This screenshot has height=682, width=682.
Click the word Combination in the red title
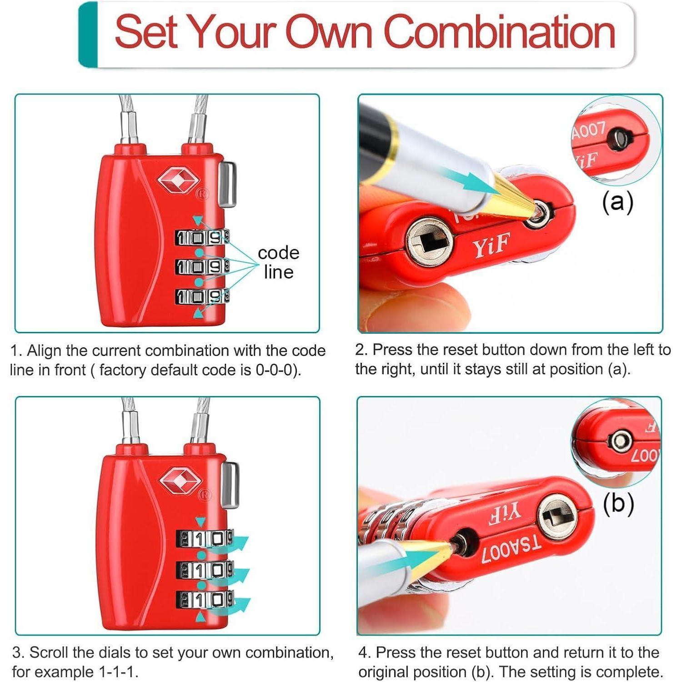coord(500,32)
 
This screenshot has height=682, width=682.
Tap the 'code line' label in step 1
coord(278,262)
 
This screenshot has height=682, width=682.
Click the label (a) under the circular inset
coord(617,201)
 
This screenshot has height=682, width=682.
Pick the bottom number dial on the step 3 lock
coord(205,599)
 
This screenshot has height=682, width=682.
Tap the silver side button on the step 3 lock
coord(231,485)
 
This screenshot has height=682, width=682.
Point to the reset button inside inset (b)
coord(620,441)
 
